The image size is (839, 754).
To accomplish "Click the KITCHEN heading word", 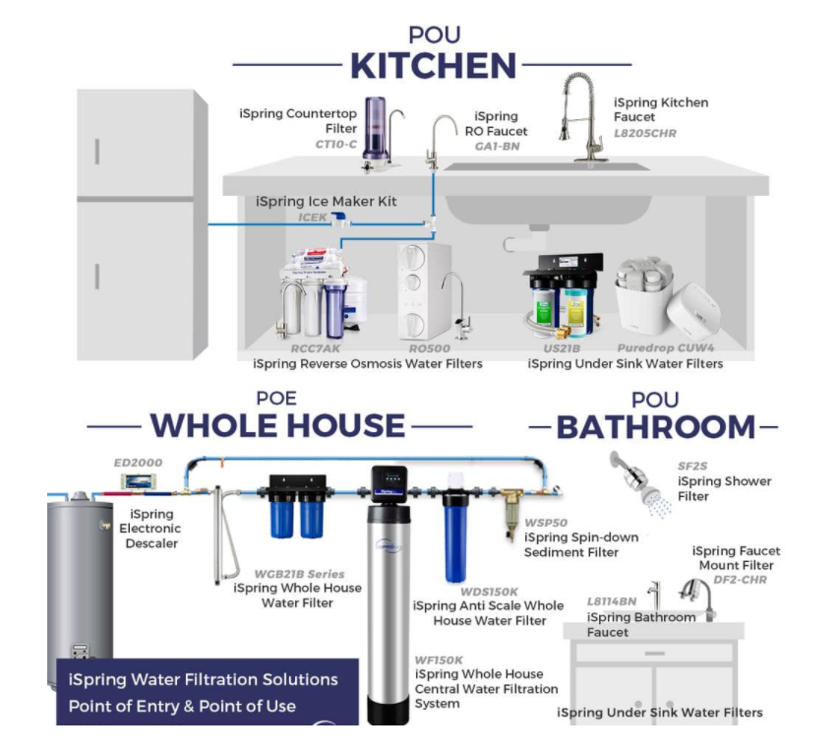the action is click(433, 66).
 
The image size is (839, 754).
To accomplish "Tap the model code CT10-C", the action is click(336, 144).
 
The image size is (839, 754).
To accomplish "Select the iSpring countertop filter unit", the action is click(382, 135).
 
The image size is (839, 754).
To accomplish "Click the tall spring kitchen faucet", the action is click(581, 117).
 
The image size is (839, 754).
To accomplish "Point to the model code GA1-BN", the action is click(497, 147).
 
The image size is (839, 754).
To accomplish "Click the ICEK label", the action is click(313, 218).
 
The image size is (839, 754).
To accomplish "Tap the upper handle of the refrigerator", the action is click(97, 152).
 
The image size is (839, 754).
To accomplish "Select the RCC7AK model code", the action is click(315, 348).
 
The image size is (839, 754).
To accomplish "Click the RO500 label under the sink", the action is click(430, 348).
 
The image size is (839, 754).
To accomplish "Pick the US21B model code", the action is click(562, 348).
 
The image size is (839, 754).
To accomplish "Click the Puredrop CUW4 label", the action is click(666, 348).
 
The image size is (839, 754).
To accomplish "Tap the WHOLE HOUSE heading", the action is click(277, 426).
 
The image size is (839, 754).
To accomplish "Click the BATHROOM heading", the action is click(655, 427).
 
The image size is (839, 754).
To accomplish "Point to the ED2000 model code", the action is click(138, 463).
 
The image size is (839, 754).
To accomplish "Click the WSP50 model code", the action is click(546, 523).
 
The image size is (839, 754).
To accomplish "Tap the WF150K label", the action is click(439, 660).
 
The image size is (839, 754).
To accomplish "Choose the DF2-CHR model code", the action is click(740, 580).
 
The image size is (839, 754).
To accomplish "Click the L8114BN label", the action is click(612, 601).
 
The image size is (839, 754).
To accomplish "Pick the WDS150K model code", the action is click(489, 592).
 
